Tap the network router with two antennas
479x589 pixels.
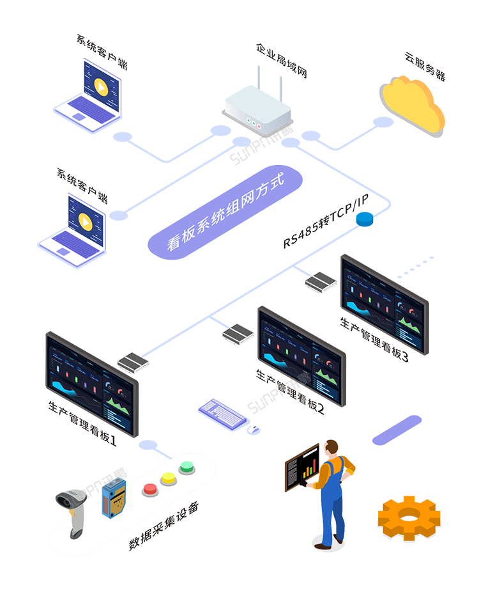(258, 109)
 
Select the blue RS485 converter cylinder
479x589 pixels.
(364, 219)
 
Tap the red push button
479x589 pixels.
(151, 489)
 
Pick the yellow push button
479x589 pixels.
(169, 478)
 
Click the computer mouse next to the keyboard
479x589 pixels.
(254, 430)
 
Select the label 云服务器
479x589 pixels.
(425, 67)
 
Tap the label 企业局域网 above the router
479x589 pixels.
(282, 60)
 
